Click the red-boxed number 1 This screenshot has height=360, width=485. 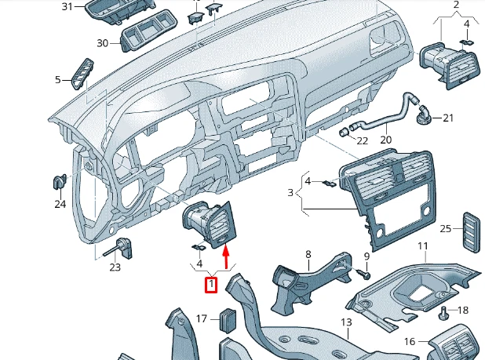(210, 285)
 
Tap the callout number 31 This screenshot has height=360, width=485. (67, 7)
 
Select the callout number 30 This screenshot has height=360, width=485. (103, 42)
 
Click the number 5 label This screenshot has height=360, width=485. (57, 79)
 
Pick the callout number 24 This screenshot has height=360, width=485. (60, 205)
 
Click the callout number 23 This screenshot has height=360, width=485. (115, 267)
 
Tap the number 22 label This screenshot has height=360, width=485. (362, 140)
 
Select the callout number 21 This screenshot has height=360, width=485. (448, 118)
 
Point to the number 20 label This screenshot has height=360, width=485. (385, 140)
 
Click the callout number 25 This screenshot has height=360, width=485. (446, 228)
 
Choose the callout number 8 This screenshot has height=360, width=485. (308, 254)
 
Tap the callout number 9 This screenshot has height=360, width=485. (366, 256)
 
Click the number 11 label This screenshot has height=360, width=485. (422, 247)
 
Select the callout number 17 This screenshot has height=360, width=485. (202, 318)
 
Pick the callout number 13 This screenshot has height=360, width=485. (346, 323)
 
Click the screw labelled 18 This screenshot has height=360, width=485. (443, 313)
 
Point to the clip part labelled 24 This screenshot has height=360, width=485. (59, 182)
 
